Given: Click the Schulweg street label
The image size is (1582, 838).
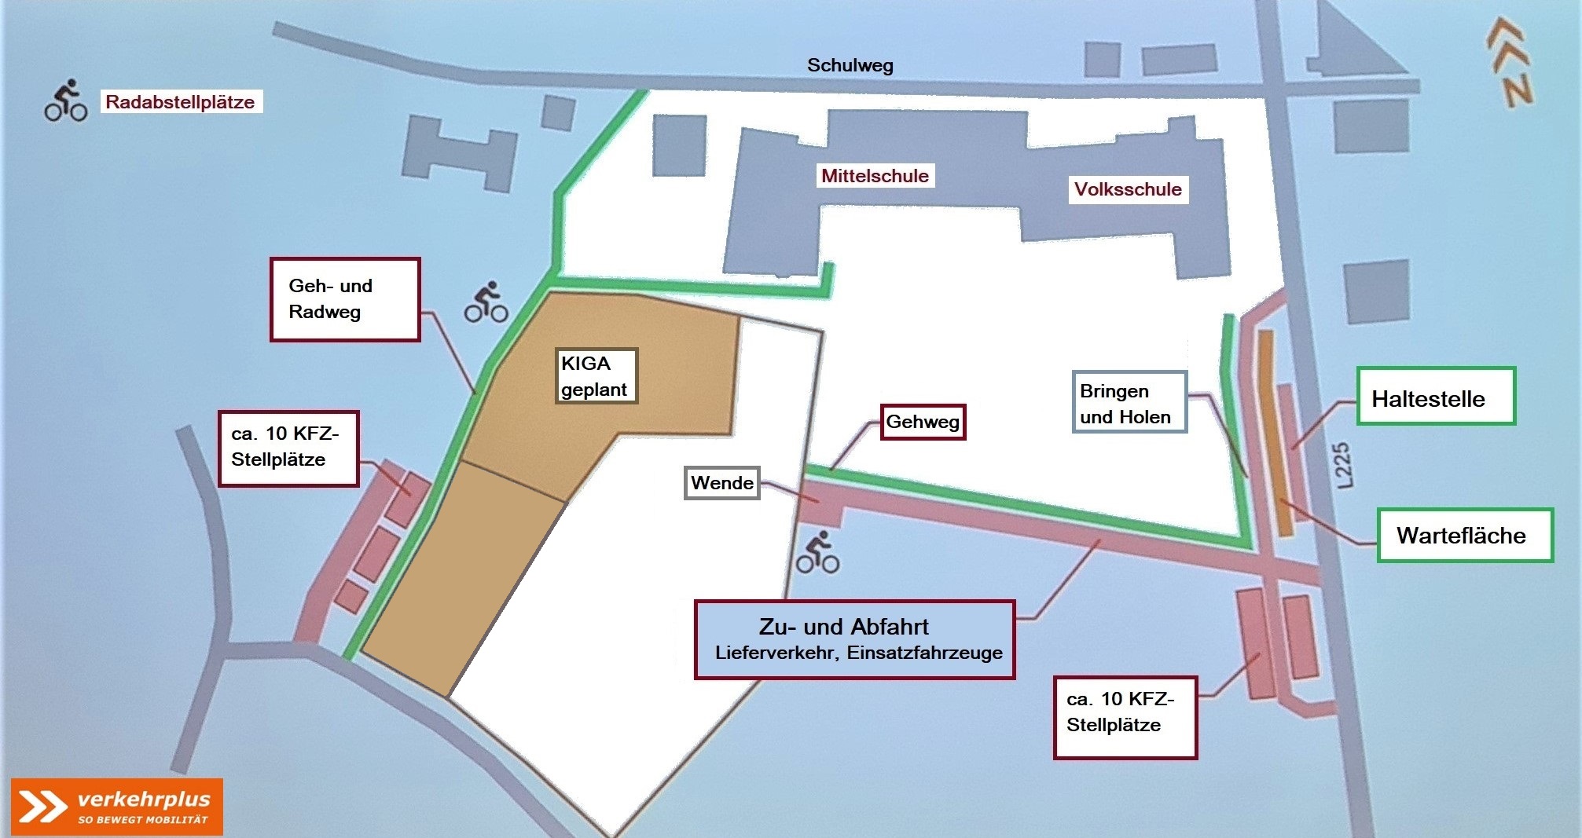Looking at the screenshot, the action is point(850,65).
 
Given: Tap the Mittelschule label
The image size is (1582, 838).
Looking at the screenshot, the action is point(875,176).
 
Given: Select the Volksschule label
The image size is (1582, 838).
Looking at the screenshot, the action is point(1128,189).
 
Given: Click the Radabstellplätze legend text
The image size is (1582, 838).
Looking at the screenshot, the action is point(180,102).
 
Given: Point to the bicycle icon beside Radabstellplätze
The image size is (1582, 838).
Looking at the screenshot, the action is point(66,101).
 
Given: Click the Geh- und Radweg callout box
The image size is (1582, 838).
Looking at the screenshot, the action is point(345,299).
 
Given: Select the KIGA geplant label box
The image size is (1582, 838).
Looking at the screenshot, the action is point(596,376).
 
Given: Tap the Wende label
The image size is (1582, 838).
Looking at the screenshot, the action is point(721,483).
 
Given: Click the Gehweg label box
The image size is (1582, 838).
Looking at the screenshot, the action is point(923,423).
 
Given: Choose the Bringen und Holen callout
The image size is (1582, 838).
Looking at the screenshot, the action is point(1129,403).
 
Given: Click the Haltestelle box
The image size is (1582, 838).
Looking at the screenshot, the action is point(1435,397).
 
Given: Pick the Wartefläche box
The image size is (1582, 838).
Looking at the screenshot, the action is point(1465,536).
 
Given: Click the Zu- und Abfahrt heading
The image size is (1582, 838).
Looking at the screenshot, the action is point(843,627).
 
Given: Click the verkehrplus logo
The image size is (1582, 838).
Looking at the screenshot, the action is point(117,807).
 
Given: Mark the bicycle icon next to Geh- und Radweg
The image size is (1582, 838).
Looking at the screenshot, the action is point(486,302).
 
